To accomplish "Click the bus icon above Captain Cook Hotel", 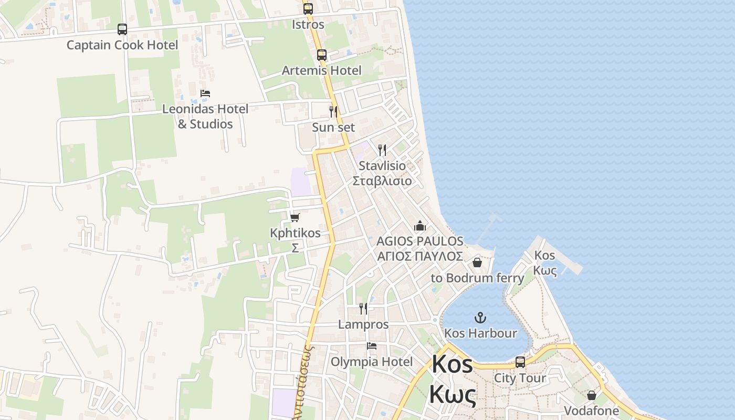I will (122, 29).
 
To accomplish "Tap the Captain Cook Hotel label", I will (122, 45).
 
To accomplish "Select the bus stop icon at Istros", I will (308, 9).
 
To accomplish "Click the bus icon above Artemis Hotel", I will (322, 55).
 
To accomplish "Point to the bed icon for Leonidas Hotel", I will (205, 93).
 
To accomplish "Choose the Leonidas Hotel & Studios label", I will (205, 117).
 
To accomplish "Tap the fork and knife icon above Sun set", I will (333, 111).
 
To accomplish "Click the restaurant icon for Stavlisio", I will (382, 150).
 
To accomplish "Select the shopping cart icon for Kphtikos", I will (295, 217).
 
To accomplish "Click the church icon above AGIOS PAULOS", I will (420, 226).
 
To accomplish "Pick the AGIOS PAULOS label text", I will (420, 241).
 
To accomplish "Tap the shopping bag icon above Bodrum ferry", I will (477, 262).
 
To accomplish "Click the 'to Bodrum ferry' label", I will (477, 278).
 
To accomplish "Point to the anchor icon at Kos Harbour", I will (480, 317).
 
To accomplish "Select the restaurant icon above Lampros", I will (363, 308).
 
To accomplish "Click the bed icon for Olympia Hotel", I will (372, 346).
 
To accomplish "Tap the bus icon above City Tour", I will (520, 362).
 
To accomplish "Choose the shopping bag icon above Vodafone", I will (592, 395).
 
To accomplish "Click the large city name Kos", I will (453, 364).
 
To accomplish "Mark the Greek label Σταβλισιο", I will (382, 181).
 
